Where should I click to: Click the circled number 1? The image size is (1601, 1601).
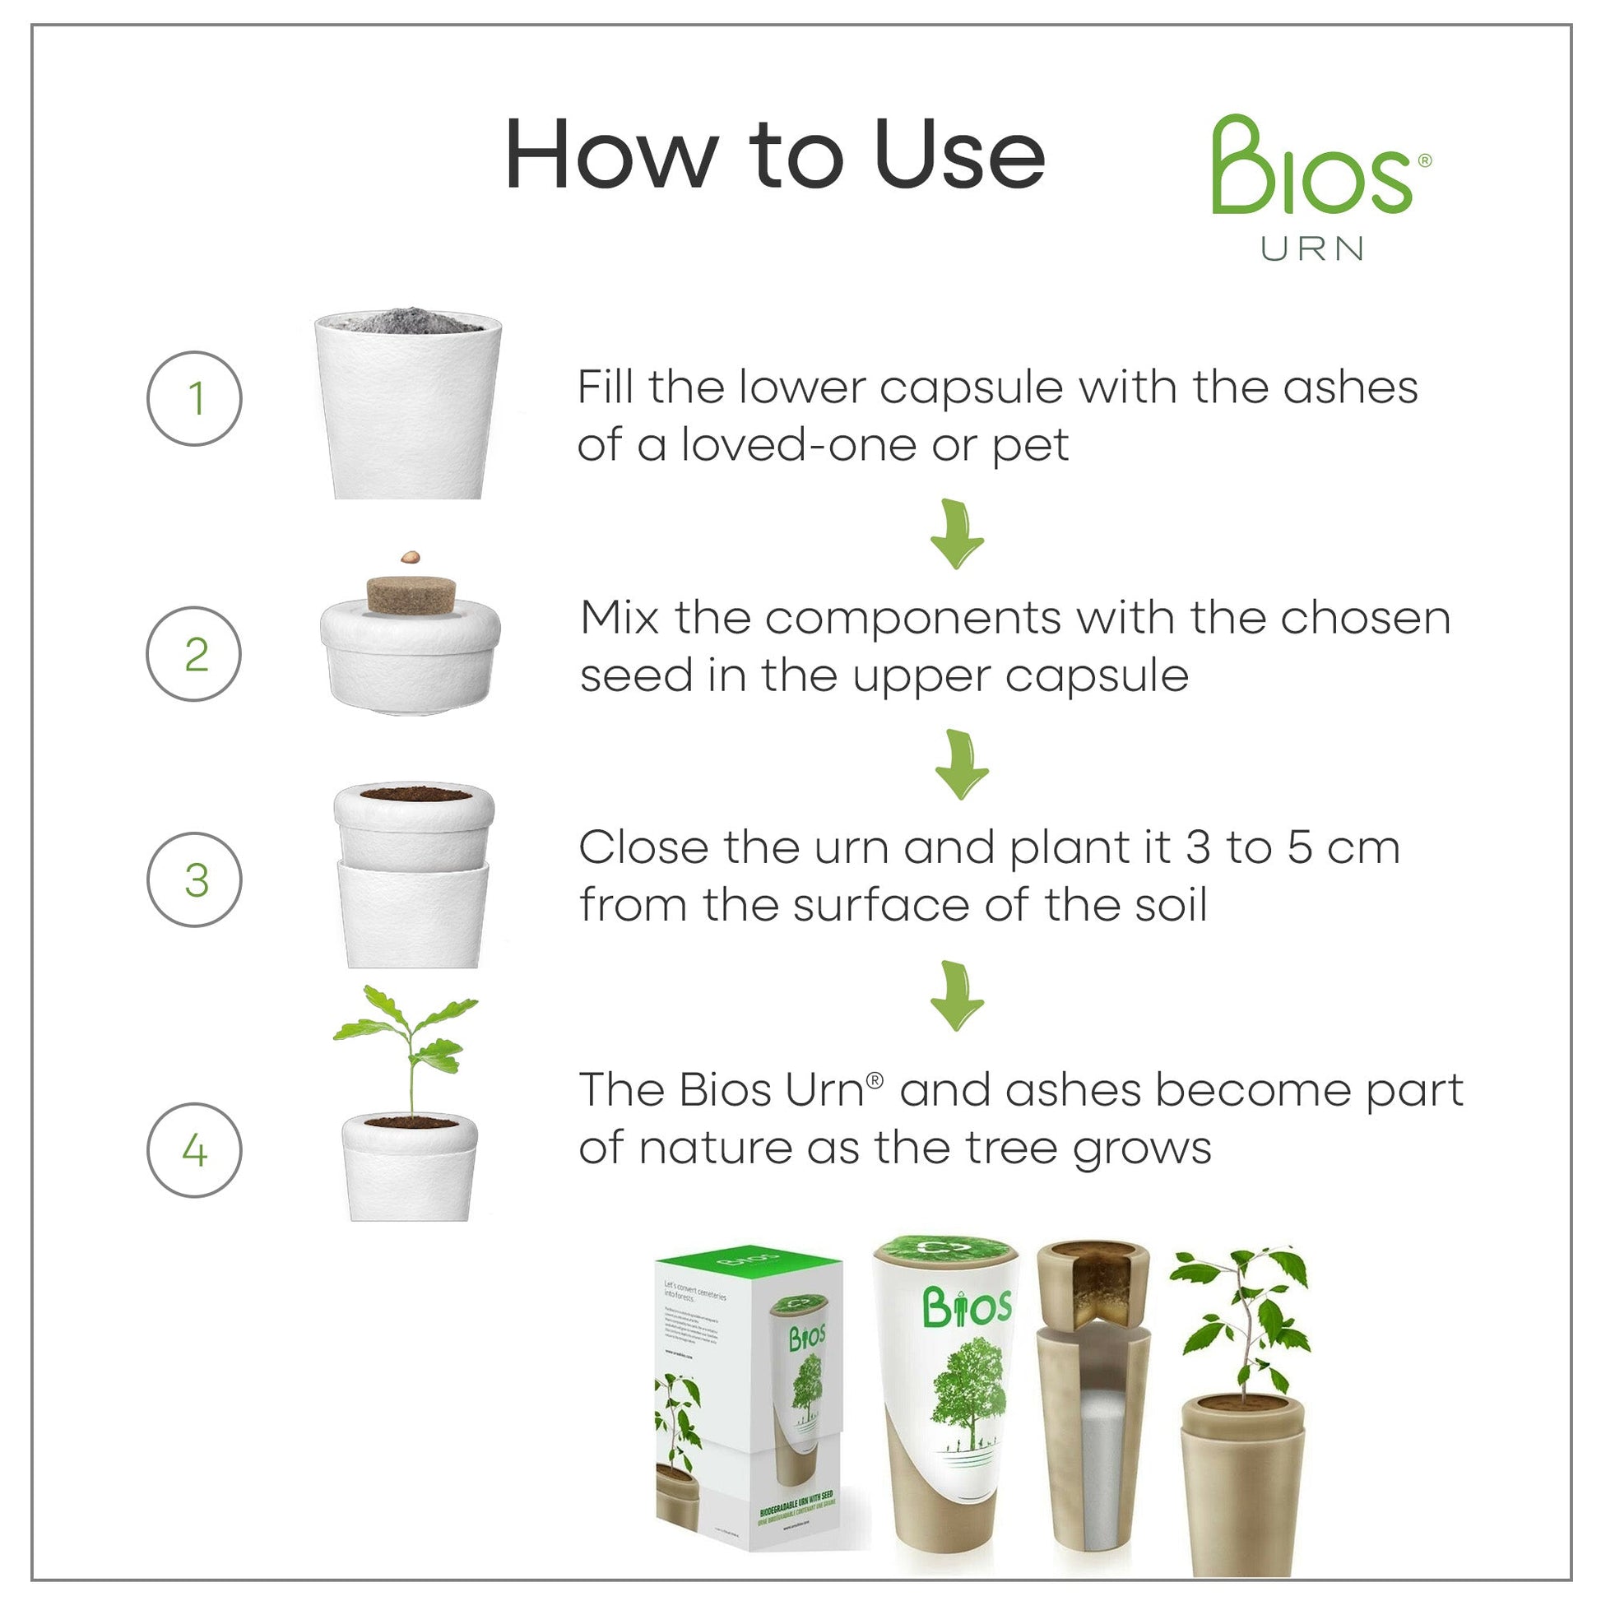pyautogui.click(x=195, y=398)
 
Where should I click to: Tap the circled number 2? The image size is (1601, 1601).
pyautogui.click(x=195, y=654)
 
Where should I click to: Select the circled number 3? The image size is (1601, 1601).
pyautogui.click(x=195, y=880)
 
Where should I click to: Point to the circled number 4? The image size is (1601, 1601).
pyautogui.click(x=195, y=1150)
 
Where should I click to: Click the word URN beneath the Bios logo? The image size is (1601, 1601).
pyautogui.click(x=1311, y=248)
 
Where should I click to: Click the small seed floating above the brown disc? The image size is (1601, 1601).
pyautogui.click(x=410, y=558)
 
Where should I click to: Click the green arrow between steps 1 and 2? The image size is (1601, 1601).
pyautogui.click(x=957, y=535)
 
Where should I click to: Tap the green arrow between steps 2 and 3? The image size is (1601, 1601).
pyautogui.click(x=960, y=765)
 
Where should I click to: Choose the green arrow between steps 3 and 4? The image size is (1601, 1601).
pyautogui.click(x=957, y=995)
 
